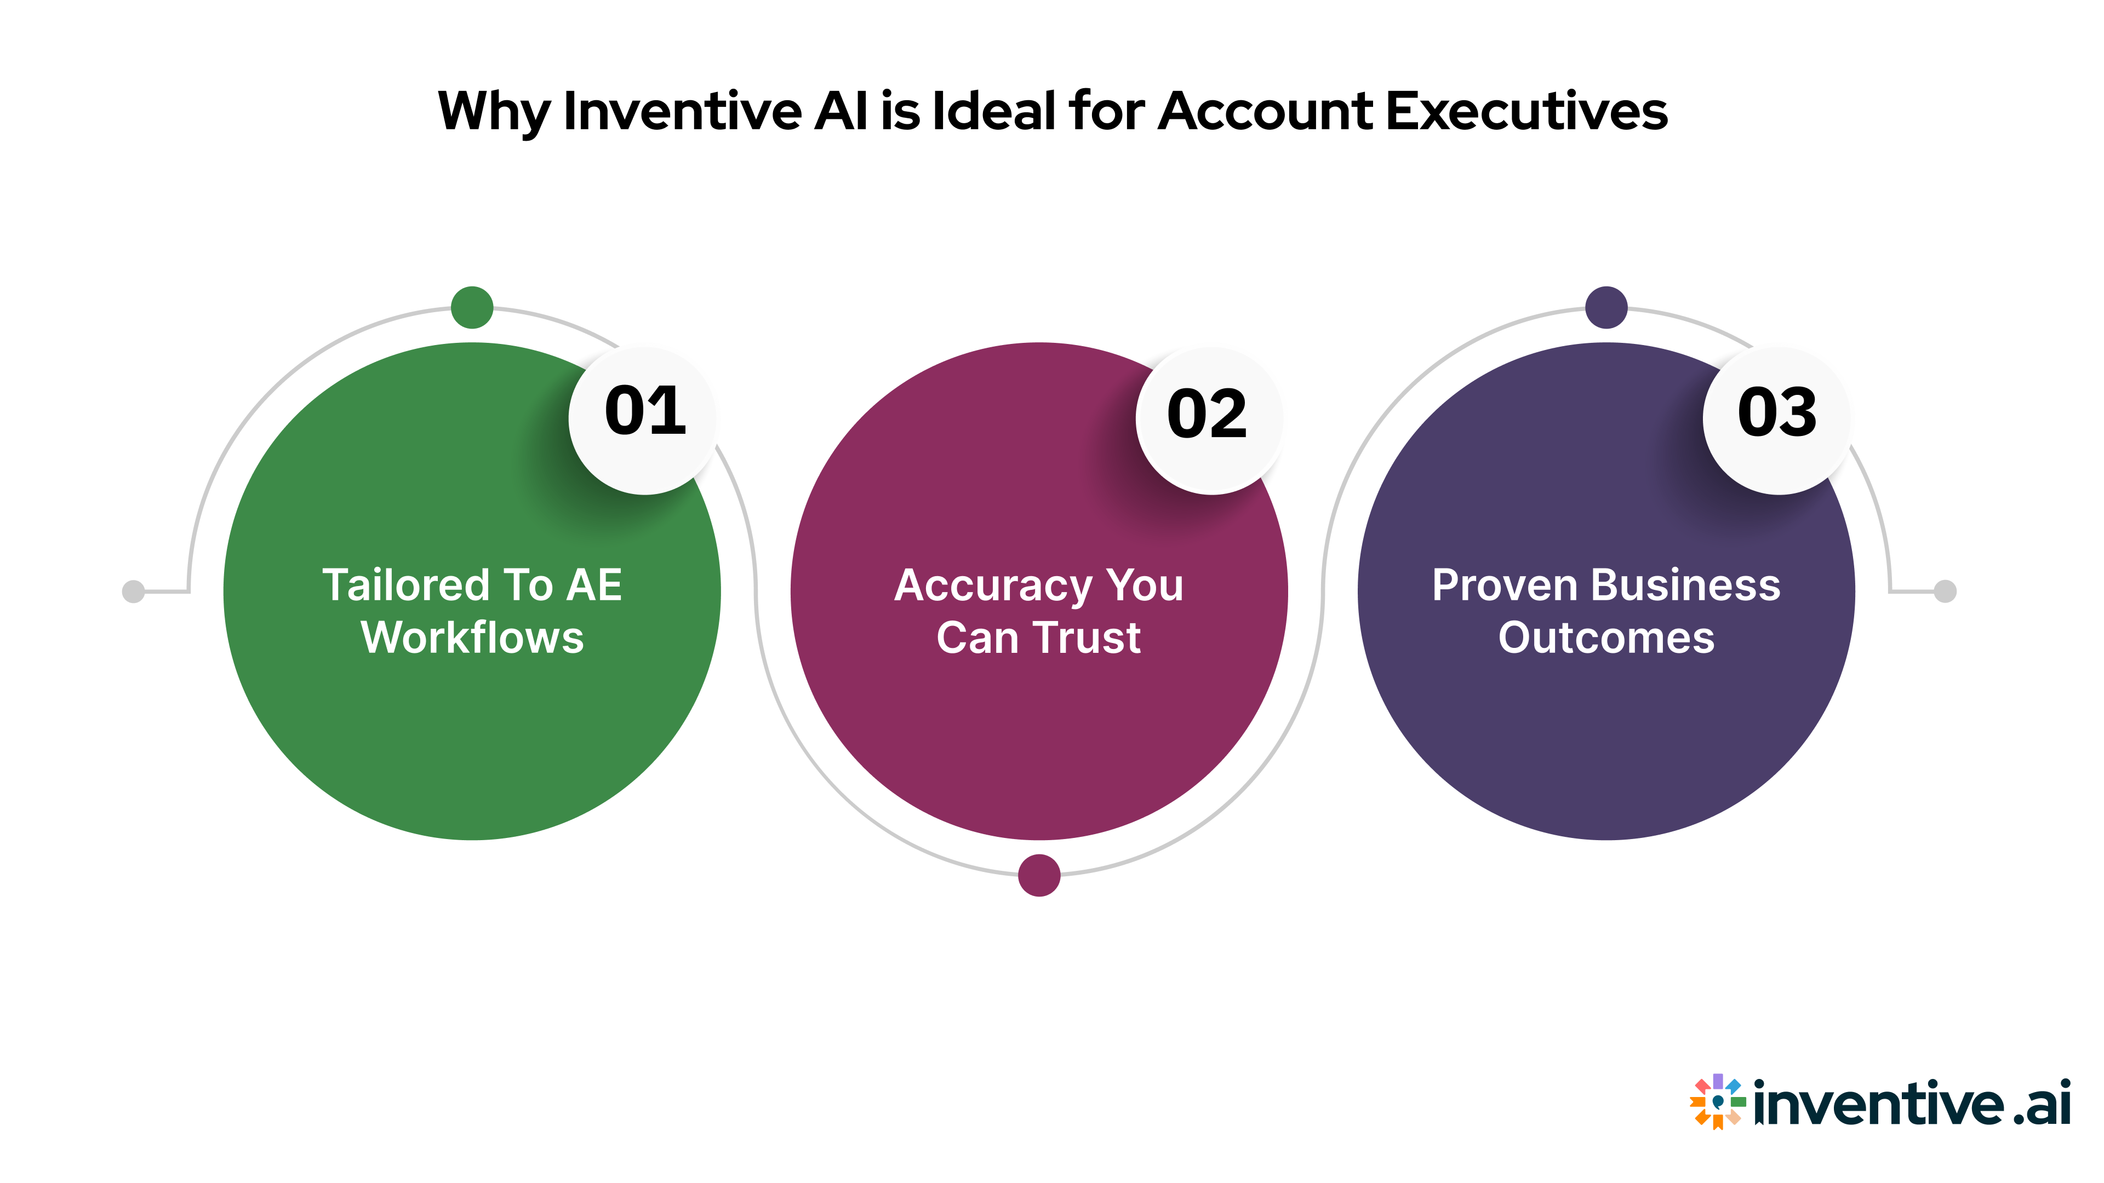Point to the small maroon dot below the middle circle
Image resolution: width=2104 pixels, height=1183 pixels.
click(x=1039, y=875)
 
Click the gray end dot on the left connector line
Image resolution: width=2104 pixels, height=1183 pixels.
click(x=133, y=591)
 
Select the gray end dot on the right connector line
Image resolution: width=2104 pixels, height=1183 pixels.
click(x=1946, y=591)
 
